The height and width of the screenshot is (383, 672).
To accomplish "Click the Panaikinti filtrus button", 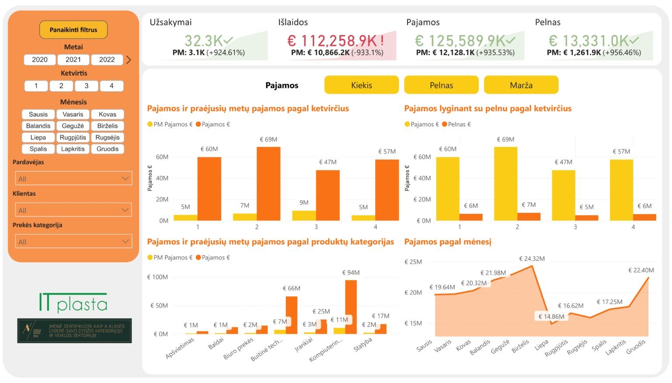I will click(73, 30).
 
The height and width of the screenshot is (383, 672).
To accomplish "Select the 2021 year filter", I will click(73, 59).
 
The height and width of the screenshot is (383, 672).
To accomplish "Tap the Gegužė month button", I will click(73, 126).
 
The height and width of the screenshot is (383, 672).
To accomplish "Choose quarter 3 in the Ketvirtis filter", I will click(86, 86).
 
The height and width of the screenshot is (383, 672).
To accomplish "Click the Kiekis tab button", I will click(361, 85).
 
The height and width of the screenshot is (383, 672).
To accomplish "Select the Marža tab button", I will click(521, 85).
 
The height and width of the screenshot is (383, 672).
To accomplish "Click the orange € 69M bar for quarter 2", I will click(268, 184).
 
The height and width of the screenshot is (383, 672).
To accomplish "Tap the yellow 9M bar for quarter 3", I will click(304, 216).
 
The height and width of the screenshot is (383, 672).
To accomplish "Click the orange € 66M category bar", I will click(291, 315).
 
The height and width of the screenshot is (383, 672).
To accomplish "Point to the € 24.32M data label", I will click(532, 259).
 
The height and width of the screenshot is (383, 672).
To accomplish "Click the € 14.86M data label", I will click(551, 317).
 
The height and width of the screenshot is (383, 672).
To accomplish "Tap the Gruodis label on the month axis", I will click(636, 347).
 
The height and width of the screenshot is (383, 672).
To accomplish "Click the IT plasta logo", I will click(73, 303).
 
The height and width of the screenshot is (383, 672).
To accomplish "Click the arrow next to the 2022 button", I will click(129, 60).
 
